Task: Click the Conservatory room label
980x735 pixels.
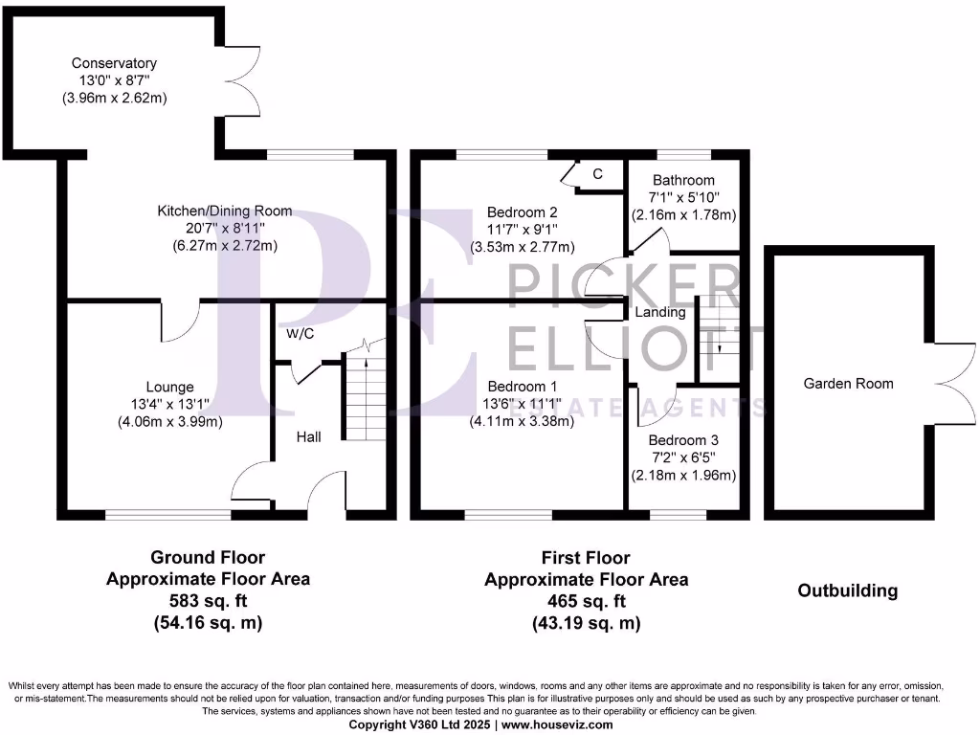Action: (x=114, y=63)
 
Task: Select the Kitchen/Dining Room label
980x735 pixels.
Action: (x=226, y=212)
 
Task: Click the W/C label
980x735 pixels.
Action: (x=301, y=334)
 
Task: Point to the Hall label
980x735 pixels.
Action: (x=308, y=436)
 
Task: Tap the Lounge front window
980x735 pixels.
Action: (x=168, y=515)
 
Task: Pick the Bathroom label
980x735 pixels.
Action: (x=683, y=180)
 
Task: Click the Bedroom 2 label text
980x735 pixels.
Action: (x=523, y=212)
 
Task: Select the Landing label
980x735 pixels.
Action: (x=660, y=312)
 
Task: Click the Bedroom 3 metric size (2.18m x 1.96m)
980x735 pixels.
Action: (x=683, y=476)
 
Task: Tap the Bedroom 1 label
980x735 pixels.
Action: (x=523, y=387)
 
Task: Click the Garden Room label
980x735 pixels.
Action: (x=848, y=384)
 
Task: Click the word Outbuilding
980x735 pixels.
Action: (x=848, y=590)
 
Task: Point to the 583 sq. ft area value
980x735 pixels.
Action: (x=208, y=601)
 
